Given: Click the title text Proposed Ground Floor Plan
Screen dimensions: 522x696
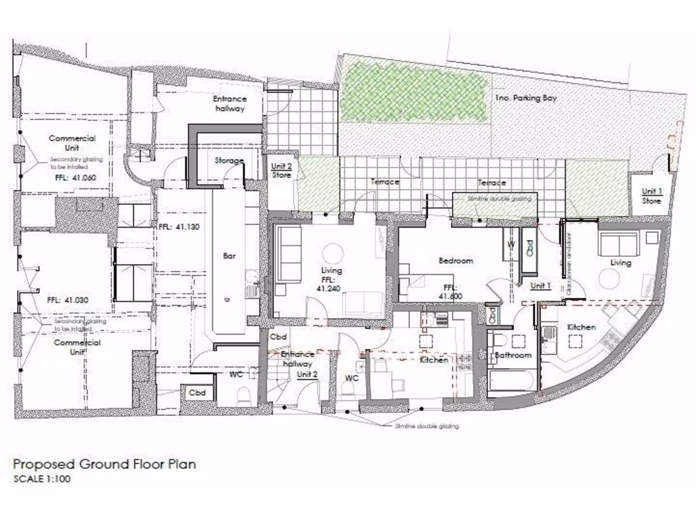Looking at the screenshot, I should pyautogui.click(x=105, y=465).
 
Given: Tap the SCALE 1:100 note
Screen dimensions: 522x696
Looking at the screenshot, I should pyautogui.click(x=41, y=478).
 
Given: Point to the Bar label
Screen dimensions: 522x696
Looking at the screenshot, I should pyautogui.click(x=229, y=257).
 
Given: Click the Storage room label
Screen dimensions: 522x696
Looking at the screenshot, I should pyautogui.click(x=229, y=161).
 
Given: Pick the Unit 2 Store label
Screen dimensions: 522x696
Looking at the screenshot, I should pyautogui.click(x=281, y=171).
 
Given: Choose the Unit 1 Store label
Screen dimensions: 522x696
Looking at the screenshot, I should pyautogui.click(x=651, y=196).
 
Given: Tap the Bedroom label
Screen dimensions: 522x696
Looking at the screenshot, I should pyautogui.click(x=455, y=260).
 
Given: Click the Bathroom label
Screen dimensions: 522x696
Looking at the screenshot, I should pyautogui.click(x=512, y=355).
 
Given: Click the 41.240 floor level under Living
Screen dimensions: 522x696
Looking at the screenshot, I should pyautogui.click(x=332, y=288).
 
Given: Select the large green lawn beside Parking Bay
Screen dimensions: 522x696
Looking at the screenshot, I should pyautogui.click(x=415, y=88).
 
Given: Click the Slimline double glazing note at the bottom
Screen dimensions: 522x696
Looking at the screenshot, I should pyautogui.click(x=427, y=426).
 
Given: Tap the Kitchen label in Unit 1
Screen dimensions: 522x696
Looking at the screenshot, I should pyautogui.click(x=581, y=328).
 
